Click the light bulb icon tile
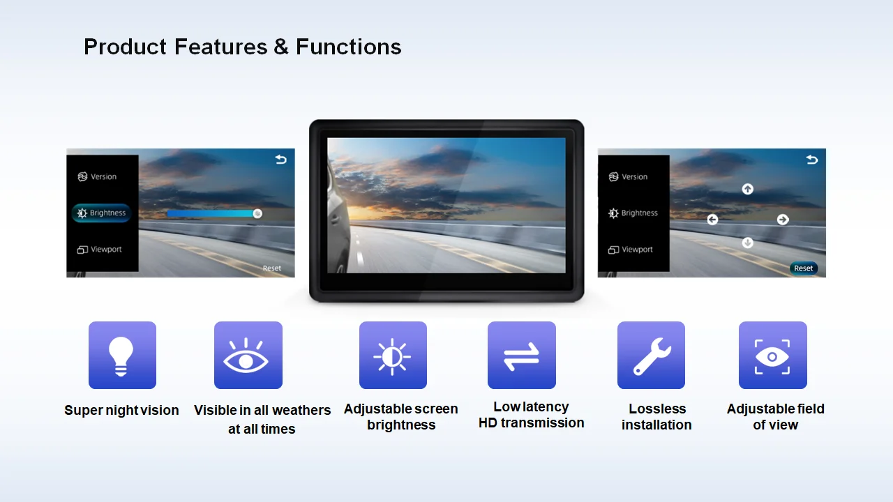coord(122,355)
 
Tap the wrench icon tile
coord(651,355)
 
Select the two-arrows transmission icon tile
coord(521,355)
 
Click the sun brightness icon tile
coord(393,355)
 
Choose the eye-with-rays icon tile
coord(248,355)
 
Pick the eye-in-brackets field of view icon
coord(772,355)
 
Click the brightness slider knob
coord(257,213)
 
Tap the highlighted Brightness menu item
coord(101,213)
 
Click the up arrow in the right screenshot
coord(747,189)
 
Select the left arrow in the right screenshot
coord(712,220)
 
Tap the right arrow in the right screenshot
coord(783,220)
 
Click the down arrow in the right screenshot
coord(747,243)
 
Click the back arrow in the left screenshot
coord(280,160)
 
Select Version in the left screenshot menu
coord(97,176)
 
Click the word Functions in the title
coord(348,47)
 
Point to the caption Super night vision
coord(121,410)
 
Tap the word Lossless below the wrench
coord(657,409)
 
